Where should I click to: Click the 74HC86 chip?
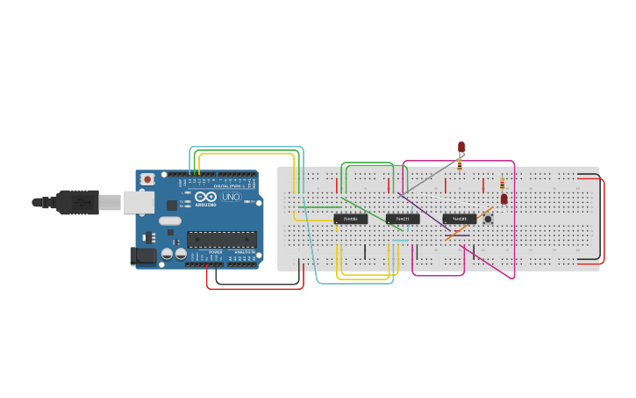tap(350, 219)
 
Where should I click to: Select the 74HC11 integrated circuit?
tap(403, 219)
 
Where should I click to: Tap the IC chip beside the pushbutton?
tap(459, 219)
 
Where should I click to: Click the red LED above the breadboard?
tap(461, 147)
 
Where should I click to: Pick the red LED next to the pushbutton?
tap(504, 199)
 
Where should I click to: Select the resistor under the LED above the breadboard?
tap(460, 163)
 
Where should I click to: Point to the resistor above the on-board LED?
tap(502, 184)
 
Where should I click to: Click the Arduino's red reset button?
tap(147, 179)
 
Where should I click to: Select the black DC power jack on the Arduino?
tap(141, 256)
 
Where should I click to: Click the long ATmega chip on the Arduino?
tap(221, 239)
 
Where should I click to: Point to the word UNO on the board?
tap(231, 198)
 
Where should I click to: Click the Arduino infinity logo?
tap(205, 197)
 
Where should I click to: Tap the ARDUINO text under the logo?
tap(205, 205)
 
